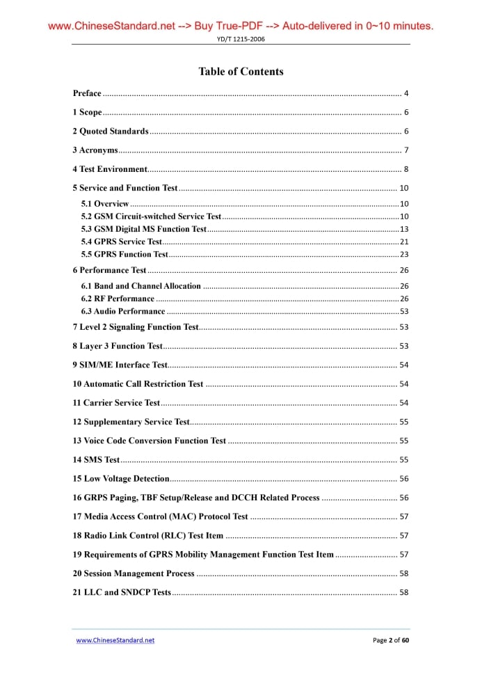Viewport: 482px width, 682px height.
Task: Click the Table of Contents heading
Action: pos(241,72)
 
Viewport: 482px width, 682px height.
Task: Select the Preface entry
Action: pos(87,93)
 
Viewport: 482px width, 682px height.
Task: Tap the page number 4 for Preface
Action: pos(405,93)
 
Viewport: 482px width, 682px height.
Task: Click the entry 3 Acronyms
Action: pos(95,150)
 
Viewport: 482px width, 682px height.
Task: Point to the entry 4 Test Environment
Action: pos(110,169)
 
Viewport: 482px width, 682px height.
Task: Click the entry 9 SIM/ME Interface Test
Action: pos(120,365)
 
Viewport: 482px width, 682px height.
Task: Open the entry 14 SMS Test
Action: pos(97,459)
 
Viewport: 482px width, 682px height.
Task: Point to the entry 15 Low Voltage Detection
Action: pos(121,479)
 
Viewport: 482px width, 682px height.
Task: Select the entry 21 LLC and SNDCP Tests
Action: pos(122,592)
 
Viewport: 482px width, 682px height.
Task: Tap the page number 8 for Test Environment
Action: pos(405,169)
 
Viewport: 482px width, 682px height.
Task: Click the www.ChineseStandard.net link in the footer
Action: pos(115,640)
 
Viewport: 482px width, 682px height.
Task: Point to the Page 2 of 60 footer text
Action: pos(391,640)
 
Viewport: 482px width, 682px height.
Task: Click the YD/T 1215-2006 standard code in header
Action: pos(241,39)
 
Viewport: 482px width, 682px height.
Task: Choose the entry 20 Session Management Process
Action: pos(134,573)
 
